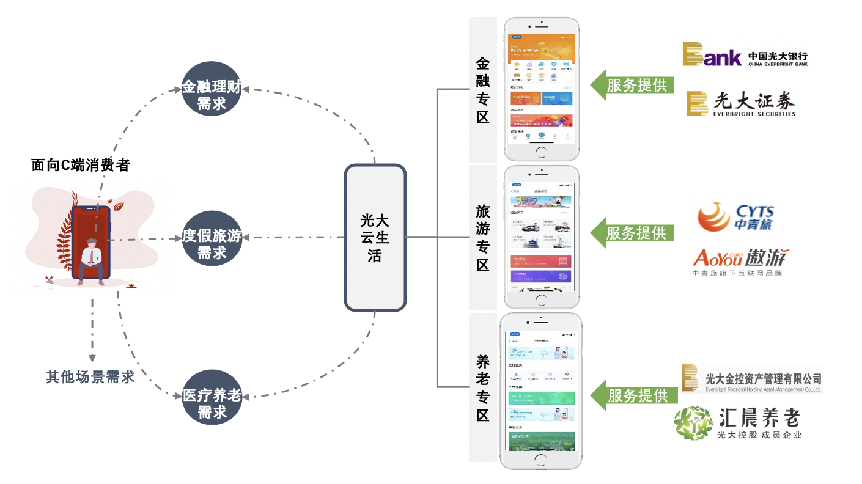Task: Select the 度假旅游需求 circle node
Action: click(212, 238)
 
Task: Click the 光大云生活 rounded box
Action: click(375, 238)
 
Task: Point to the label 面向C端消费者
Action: click(80, 165)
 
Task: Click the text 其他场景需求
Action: click(90, 376)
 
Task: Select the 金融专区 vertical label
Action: click(483, 90)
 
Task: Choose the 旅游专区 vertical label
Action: click(483, 238)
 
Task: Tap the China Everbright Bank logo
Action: click(745, 54)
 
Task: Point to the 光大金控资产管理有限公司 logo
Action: click(752, 379)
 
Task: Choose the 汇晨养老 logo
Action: click(737, 422)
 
